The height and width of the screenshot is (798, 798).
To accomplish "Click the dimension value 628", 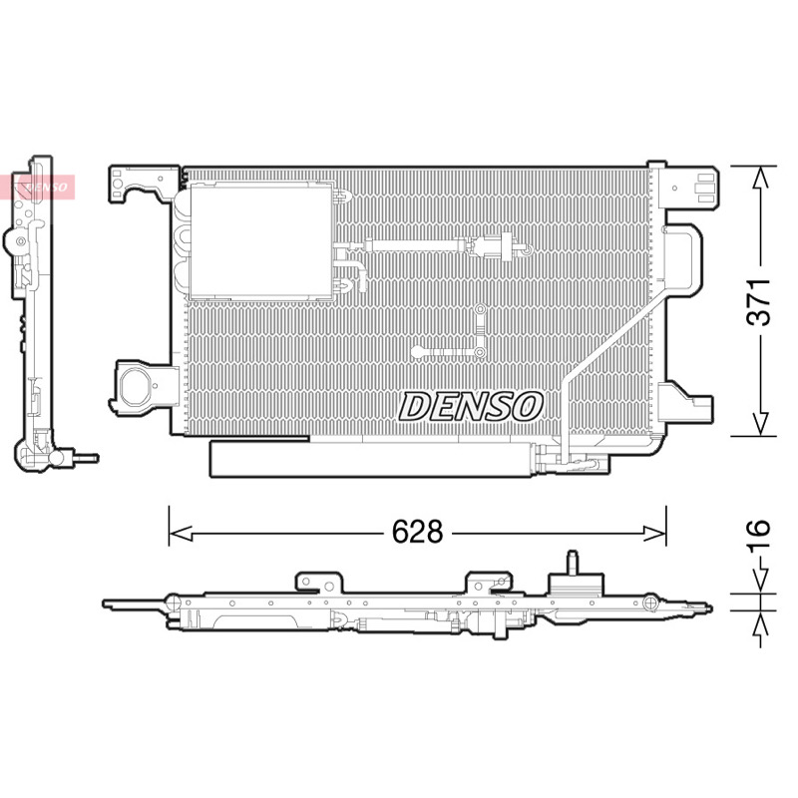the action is [417, 532].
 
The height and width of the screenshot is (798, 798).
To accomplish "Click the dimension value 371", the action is [758, 302].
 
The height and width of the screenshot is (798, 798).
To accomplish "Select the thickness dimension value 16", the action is [758, 536].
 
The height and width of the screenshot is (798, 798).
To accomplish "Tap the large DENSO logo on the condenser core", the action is [470, 407].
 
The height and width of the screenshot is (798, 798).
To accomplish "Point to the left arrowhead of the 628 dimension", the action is [181, 534].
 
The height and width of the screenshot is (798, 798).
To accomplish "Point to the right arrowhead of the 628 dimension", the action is [654, 534].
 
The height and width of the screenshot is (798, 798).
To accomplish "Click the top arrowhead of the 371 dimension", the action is [760, 179].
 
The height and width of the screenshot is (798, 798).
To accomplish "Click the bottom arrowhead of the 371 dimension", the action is [760, 424].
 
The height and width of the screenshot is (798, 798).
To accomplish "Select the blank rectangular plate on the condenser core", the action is [260, 241].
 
